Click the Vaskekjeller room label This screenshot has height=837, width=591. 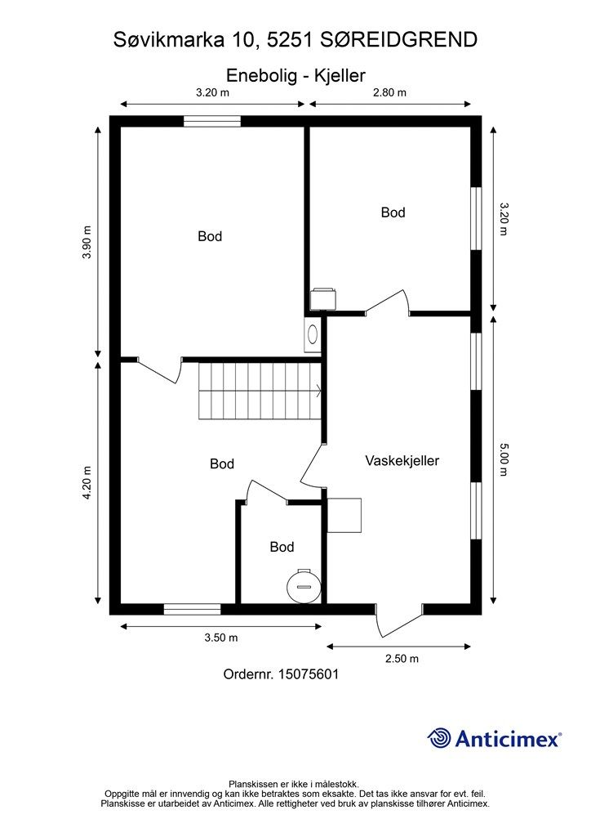pyautogui.click(x=402, y=461)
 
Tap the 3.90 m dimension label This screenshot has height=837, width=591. pyautogui.click(x=87, y=242)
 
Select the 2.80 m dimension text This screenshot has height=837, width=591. pyautogui.click(x=389, y=92)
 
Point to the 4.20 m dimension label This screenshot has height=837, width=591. pyautogui.click(x=87, y=483)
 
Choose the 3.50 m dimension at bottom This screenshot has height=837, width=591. pyautogui.click(x=221, y=638)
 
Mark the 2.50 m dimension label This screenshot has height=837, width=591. pyautogui.click(x=402, y=658)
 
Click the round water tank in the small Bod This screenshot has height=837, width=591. pyautogui.click(x=304, y=586)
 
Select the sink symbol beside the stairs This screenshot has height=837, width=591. pyautogui.click(x=313, y=334)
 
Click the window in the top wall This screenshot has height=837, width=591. pyautogui.click(x=212, y=121)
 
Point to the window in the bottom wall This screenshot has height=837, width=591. pyautogui.click(x=192, y=609)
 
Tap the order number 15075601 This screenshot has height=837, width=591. pyautogui.click(x=308, y=674)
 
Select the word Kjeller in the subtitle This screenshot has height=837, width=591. pyautogui.click(x=340, y=75)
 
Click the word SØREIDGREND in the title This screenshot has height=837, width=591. pyautogui.click(x=398, y=40)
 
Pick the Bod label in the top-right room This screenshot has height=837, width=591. pyautogui.click(x=393, y=213)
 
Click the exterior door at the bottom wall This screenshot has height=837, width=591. pyautogui.click(x=398, y=620)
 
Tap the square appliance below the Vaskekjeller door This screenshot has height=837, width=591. pyautogui.click(x=344, y=515)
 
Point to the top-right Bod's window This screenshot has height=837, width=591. pyautogui.click(x=476, y=217)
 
